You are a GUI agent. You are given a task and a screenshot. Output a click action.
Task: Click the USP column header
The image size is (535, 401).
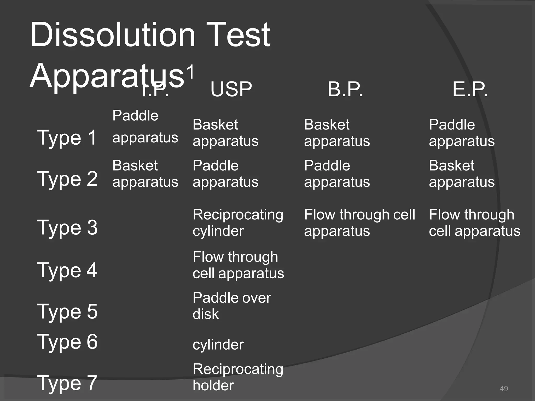231,89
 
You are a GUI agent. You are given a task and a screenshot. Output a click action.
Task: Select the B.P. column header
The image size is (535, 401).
345,89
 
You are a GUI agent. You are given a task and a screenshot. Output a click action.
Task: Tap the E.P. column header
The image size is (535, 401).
470,89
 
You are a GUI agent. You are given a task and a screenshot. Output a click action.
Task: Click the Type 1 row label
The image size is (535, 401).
67,138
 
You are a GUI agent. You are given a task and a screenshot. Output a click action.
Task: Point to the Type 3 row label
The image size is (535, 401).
67,227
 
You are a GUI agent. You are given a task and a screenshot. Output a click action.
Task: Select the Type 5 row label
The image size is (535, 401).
67,312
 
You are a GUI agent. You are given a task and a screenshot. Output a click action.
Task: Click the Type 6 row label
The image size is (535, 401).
67,342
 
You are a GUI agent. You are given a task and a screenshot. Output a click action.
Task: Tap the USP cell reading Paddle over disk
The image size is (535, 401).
231,306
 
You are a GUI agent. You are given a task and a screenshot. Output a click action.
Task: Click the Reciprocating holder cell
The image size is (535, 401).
237,377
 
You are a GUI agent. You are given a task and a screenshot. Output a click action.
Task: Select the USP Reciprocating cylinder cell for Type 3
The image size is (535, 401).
237,223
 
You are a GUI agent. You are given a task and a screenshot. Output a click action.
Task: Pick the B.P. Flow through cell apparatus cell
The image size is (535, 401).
359,223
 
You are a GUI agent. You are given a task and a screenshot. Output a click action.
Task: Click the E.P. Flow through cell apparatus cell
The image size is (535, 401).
474,223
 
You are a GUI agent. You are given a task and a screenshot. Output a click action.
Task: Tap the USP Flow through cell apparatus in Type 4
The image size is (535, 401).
238,265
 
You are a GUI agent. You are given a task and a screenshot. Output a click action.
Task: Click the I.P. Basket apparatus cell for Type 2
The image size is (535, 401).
145,174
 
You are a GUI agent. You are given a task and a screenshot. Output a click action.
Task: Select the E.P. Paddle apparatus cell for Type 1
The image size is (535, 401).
461,133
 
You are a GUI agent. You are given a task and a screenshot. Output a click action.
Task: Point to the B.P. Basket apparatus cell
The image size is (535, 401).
337,133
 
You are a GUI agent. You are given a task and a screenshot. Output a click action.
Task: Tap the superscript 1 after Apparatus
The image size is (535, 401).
191,72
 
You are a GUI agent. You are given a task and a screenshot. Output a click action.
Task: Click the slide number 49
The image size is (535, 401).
504,388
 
